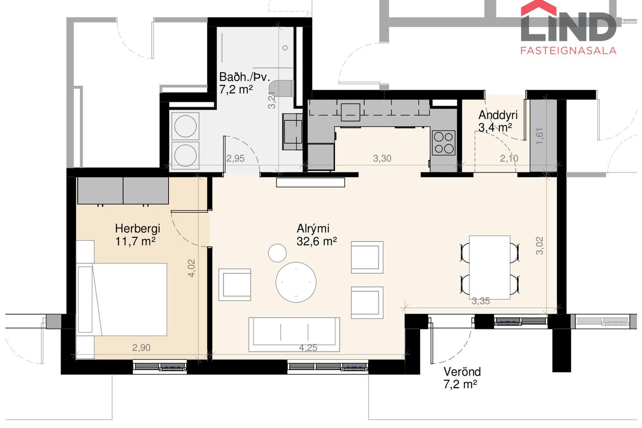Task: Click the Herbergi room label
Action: [137, 229]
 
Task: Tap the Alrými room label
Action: [313, 229]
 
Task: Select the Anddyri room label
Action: [498, 115]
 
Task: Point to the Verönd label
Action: [462, 372]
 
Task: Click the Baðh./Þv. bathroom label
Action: [244, 77]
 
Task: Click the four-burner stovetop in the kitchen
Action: [443, 143]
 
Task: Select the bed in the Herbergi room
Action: [122, 299]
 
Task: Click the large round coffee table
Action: [296, 282]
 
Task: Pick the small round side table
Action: [277, 253]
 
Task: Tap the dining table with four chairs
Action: [490, 267]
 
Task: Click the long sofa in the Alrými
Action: [294, 334]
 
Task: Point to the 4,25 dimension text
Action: [308, 348]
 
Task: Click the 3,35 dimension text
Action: [481, 301]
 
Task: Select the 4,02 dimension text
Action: [192, 268]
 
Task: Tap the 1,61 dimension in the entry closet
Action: [540, 136]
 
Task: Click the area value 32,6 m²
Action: [316, 241]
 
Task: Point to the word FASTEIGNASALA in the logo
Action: [568, 50]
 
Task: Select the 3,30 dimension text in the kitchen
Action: [382, 158]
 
